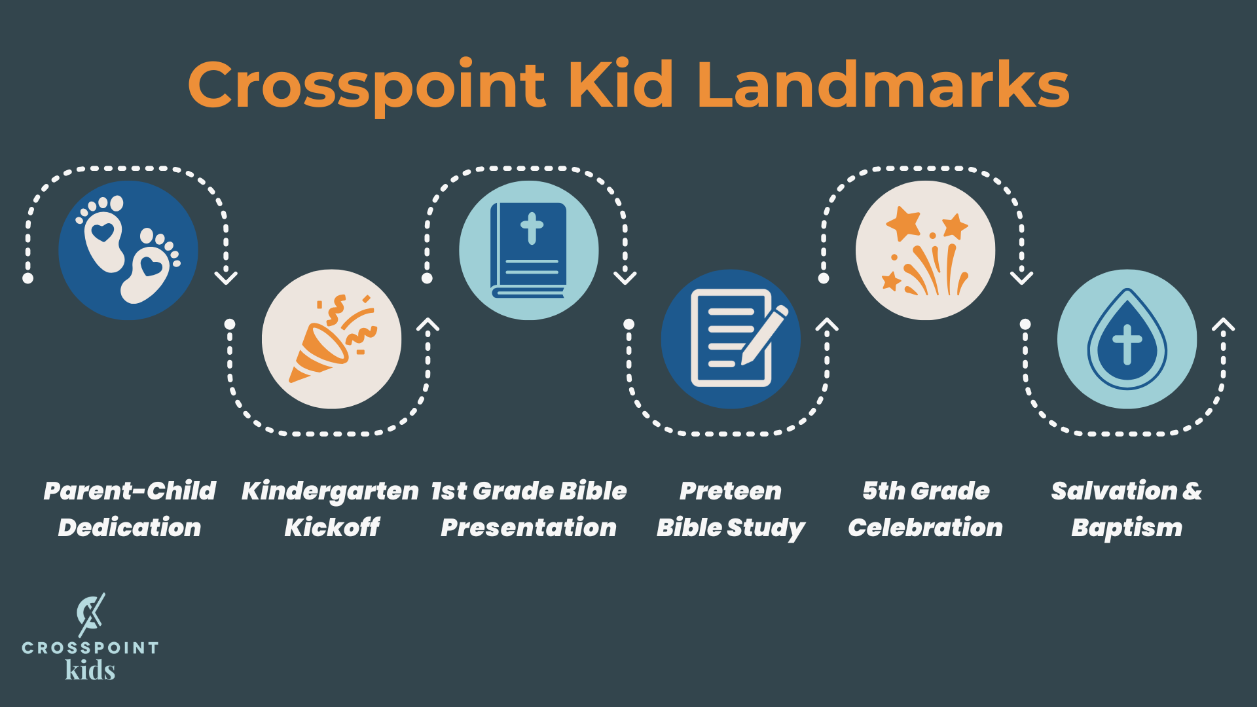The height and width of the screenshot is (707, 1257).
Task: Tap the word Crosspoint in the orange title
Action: click(x=367, y=85)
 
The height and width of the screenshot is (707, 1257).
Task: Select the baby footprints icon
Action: click(x=128, y=250)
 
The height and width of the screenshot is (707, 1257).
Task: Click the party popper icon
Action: click(x=331, y=339)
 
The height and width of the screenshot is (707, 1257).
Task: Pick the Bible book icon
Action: click(x=529, y=250)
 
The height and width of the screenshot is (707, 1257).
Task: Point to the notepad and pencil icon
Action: click(x=731, y=339)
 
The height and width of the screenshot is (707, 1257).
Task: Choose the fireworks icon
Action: click(x=925, y=250)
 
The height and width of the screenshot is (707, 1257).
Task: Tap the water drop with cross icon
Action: click(x=1127, y=339)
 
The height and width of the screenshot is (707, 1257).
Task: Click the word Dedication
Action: click(x=130, y=528)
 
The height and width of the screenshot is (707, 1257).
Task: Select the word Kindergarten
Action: click(x=330, y=492)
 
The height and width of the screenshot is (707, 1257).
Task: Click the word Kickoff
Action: click(x=332, y=528)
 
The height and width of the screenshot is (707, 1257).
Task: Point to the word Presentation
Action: click(x=528, y=528)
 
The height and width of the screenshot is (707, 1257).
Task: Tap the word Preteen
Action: click(x=731, y=491)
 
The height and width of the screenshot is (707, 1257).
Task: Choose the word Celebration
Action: click(x=925, y=528)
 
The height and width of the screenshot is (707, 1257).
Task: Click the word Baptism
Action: click(x=1127, y=528)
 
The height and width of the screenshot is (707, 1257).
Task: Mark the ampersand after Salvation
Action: click(x=1192, y=491)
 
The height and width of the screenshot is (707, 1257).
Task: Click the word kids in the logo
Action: click(x=90, y=670)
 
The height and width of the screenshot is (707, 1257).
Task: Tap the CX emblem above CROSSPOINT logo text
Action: click(x=90, y=614)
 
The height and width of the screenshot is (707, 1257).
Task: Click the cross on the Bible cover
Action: click(x=532, y=228)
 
